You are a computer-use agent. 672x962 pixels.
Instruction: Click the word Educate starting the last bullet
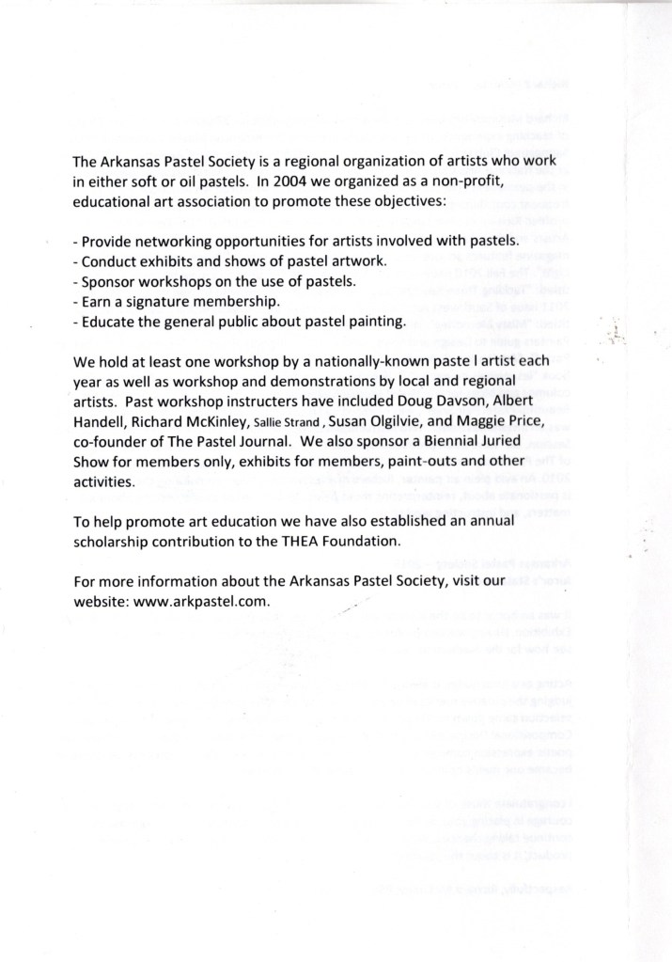[108, 323]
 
